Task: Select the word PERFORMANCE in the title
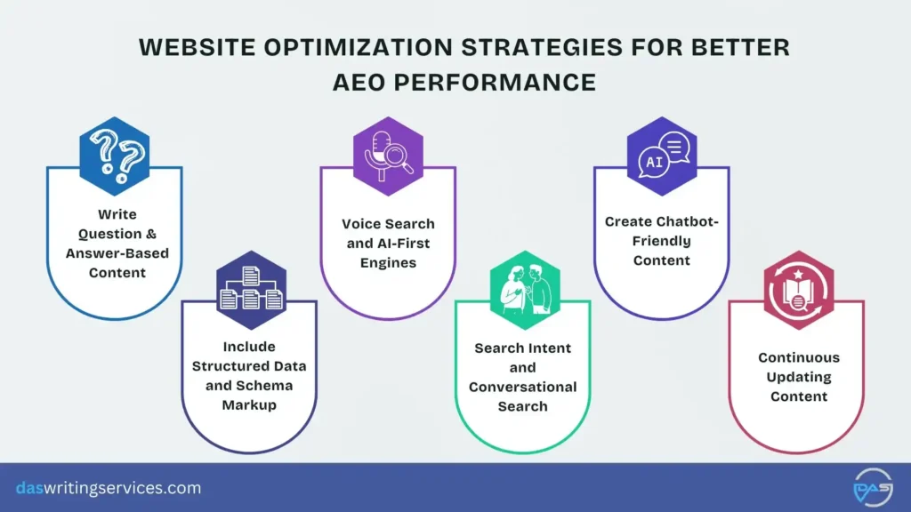[507, 82]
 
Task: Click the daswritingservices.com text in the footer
[109, 488]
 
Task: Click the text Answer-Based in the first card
[117, 253]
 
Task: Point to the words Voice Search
[388, 224]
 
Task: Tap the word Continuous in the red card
[798, 357]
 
